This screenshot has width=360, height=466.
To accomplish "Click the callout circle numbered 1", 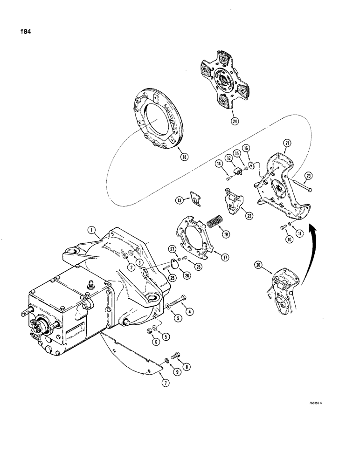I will tap(91, 230).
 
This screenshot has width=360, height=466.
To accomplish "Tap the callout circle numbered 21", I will tap(288, 144).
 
